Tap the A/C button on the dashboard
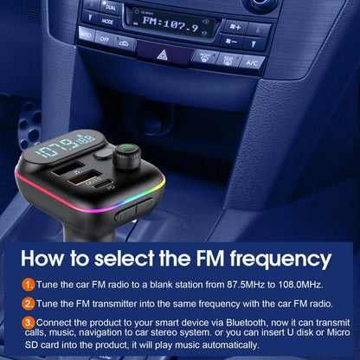point(252,62)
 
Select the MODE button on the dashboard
point(108,20)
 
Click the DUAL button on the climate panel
point(111,5)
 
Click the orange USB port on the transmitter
point(90,177)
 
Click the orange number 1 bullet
point(29,285)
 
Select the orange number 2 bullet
point(29,303)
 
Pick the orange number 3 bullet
point(29,322)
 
